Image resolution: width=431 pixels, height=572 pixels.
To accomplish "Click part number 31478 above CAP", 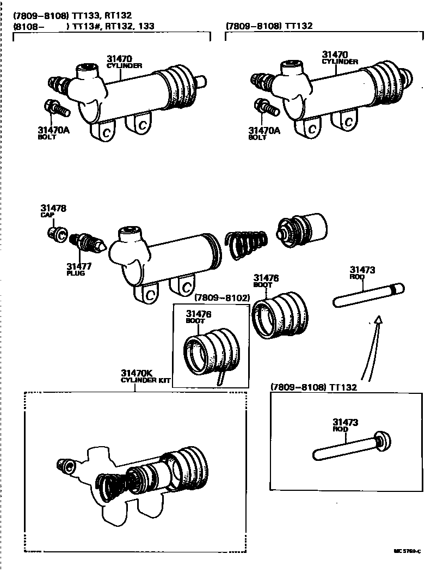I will pos(53,208).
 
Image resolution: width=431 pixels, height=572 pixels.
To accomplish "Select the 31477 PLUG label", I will pos(79,269).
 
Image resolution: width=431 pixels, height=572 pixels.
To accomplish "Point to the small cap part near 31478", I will pos(56,234).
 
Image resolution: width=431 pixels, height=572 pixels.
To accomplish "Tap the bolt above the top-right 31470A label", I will pos(267,107).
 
